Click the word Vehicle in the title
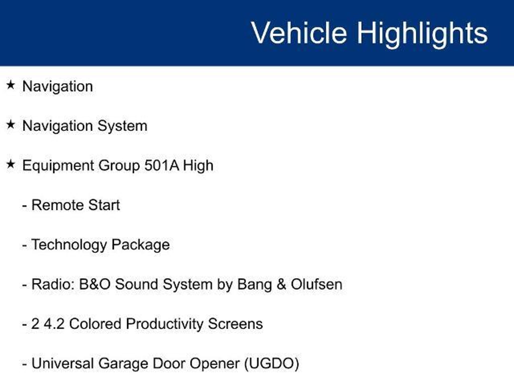pyautogui.click(x=299, y=33)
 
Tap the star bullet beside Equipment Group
pyautogui.click(x=11, y=164)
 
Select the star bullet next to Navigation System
pyautogui.click(x=11, y=125)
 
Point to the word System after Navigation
pyautogui.click(x=122, y=126)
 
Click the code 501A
pyautogui.click(x=162, y=165)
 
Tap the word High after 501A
pyautogui.click(x=198, y=166)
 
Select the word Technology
pyautogui.click(x=69, y=245)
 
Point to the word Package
pyautogui.click(x=141, y=245)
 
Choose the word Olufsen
pyautogui.click(x=316, y=284)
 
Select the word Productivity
pyautogui.click(x=164, y=324)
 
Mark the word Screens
pyautogui.click(x=235, y=324)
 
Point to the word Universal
pyautogui.click(x=62, y=363)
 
